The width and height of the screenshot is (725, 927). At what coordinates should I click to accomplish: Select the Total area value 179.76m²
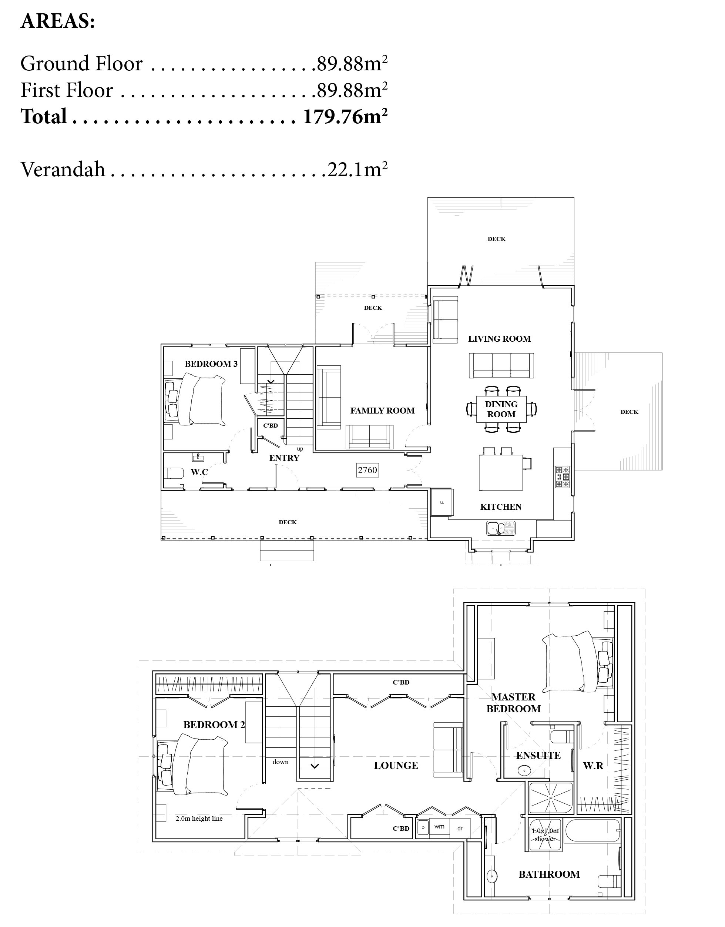coord(345,116)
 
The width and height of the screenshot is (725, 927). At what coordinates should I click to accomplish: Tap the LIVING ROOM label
coord(499,339)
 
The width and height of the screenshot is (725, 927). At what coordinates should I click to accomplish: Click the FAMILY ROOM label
coord(382,411)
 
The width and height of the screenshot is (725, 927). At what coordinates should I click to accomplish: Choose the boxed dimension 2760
coord(367,470)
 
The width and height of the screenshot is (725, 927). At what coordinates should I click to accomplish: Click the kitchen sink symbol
coord(500,528)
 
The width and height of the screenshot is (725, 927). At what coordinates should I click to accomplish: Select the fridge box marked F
coord(442,502)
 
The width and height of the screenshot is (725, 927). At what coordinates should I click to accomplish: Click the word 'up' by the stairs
coord(300,449)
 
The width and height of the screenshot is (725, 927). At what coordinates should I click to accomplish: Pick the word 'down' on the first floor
coord(281,762)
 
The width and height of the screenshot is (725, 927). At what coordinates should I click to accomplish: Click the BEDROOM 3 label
coord(211,364)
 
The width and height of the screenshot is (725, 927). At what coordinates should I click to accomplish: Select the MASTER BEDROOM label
coord(514,703)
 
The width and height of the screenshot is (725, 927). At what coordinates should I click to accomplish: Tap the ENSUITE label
coord(538,756)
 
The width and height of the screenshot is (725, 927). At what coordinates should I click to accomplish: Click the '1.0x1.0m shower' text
coord(546,835)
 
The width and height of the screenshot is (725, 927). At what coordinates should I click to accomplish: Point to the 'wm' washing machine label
coord(439,826)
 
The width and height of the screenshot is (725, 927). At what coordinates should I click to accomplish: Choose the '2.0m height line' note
coord(199,819)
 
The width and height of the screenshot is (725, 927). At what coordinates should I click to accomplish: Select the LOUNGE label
coord(396,766)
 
